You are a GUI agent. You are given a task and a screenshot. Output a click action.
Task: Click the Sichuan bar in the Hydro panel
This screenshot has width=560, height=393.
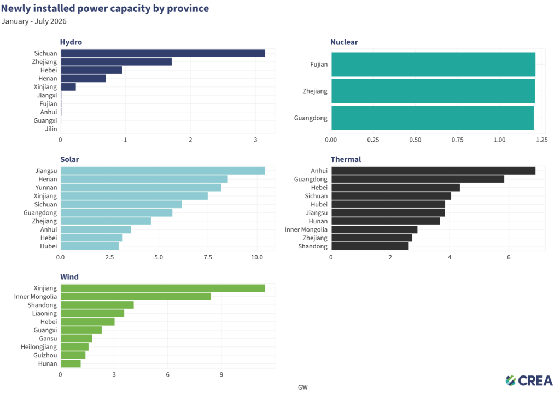tap(163, 53)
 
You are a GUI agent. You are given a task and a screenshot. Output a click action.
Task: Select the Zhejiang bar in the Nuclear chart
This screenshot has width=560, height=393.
tap(433, 91)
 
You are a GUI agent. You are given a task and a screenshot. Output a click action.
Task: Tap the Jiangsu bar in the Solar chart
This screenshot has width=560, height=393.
tap(163, 171)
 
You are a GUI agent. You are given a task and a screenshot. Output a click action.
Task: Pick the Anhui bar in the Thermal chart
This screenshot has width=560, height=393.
tap(434, 171)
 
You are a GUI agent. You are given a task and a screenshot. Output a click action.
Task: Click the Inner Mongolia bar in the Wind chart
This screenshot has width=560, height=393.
tap(136, 297)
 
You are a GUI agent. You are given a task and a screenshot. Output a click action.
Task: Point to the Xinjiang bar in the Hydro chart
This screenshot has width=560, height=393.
tap(68, 87)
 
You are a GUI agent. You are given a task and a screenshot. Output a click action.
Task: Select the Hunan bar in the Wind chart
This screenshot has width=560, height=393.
tap(71, 363)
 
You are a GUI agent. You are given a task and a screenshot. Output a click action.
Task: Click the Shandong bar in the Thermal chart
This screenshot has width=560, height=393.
tap(370, 246)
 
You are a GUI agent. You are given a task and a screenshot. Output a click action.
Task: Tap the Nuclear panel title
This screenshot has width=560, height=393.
tap(344, 42)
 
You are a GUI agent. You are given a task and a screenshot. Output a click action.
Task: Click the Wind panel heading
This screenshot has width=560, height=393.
tap(69, 277)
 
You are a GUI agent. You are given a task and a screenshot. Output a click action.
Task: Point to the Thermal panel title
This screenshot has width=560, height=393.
tap(346, 159)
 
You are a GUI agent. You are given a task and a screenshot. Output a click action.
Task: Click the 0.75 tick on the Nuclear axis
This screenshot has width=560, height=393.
tap(457, 140)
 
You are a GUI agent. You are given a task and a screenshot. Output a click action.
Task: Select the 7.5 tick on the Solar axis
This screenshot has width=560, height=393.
tap(208, 257)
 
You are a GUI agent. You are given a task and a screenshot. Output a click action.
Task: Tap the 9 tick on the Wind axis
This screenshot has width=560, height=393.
tap(221, 375)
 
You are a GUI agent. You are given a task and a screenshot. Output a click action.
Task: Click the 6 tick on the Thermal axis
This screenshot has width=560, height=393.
tap(509, 257)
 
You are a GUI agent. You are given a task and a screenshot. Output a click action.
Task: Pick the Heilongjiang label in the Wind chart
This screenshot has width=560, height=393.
tap(39, 347)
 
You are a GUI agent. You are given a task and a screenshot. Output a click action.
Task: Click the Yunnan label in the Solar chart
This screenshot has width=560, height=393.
tap(46, 187)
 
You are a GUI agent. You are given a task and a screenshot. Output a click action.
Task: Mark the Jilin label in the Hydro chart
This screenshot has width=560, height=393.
tap(51, 129)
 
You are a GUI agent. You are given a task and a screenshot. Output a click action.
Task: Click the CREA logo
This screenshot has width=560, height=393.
tap(529, 381)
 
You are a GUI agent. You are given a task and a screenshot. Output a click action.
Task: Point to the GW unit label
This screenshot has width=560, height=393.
tap(303, 388)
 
